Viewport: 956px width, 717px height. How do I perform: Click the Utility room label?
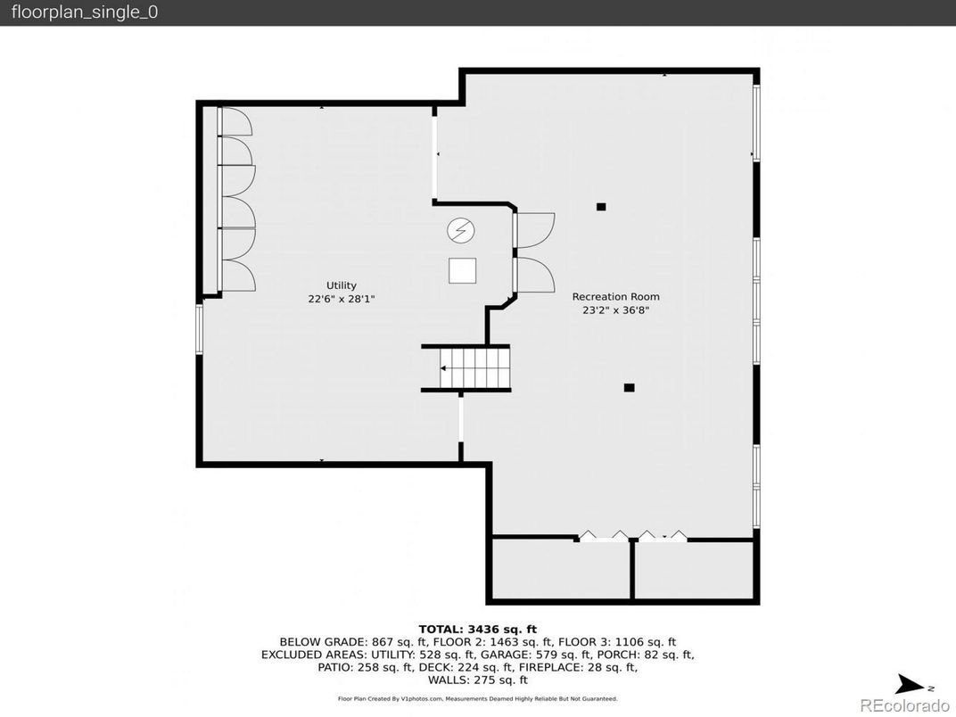click(341, 285)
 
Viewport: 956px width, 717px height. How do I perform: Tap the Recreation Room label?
click(615, 296)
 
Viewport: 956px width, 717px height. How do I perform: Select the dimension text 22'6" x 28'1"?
click(341, 300)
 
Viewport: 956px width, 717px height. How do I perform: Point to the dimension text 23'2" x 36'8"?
click(616, 310)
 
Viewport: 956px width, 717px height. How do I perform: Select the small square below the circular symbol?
click(462, 270)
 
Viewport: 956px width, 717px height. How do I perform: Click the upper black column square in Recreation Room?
click(601, 207)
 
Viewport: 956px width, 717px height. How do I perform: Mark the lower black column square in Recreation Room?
click(629, 387)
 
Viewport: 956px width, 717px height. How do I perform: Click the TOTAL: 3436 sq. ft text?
click(477, 629)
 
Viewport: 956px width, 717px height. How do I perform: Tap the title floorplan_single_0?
click(85, 12)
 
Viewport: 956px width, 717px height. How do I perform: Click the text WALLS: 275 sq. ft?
click(477, 680)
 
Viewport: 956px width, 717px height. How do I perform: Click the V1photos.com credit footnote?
click(477, 699)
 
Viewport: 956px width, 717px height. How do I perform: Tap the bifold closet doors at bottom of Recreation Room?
click(632, 536)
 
